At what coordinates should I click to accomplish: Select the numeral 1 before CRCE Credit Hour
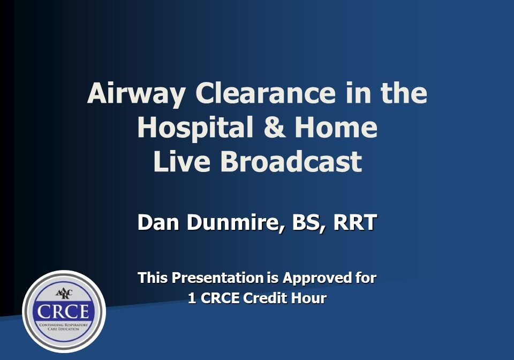click(x=192, y=298)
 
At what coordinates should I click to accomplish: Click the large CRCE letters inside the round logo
click(x=64, y=312)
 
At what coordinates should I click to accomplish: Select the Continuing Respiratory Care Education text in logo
click(x=64, y=326)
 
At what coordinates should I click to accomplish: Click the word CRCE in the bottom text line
click(x=220, y=298)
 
